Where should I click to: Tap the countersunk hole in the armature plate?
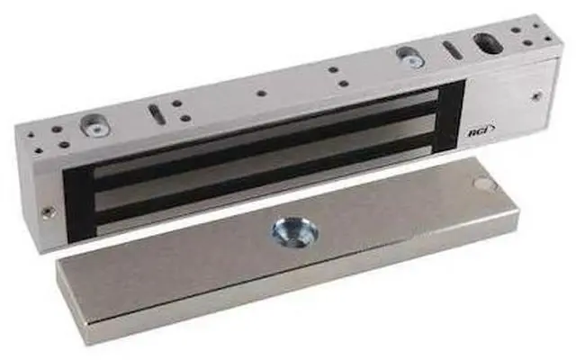[294, 232]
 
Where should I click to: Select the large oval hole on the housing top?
[489, 45]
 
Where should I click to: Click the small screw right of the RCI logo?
[536, 96]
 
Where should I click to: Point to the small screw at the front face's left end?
[48, 211]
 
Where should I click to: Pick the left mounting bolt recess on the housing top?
[94, 126]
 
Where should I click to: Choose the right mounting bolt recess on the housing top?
[410, 57]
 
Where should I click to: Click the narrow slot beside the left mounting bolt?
[156, 113]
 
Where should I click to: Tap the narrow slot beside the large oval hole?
[452, 49]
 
